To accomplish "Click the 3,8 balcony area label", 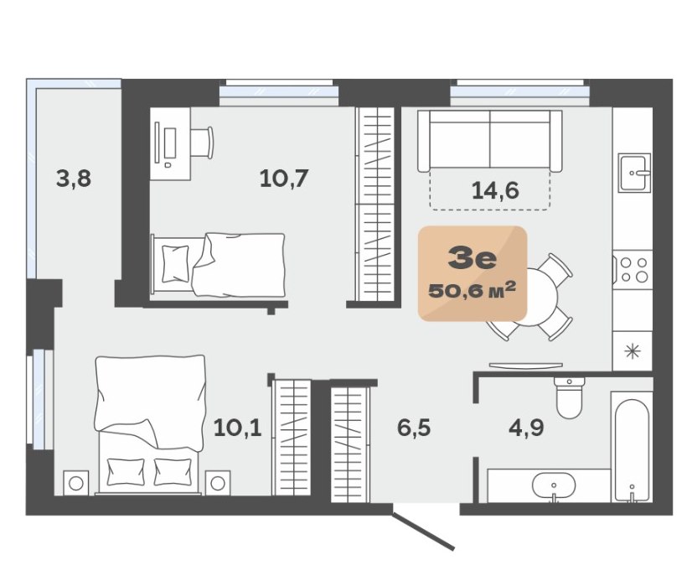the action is [74, 179].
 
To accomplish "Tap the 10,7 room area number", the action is [284, 179].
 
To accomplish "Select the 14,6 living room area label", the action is [495, 190].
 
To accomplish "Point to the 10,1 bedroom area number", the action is [237, 428].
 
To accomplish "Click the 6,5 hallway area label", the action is [414, 428].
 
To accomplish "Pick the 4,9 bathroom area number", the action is [526, 428].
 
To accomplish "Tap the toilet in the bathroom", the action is [570, 397].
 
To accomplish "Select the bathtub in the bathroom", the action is [632, 447].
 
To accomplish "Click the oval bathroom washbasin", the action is [554, 485].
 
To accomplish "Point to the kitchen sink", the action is [635, 173].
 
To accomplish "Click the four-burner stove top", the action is [633, 270].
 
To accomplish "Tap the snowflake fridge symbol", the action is [632, 351].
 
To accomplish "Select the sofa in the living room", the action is [490, 141].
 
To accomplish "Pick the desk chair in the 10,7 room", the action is [202, 143].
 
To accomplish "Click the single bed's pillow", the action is [175, 264].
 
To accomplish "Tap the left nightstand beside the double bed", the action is [76, 483].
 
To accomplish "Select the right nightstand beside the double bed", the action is [218, 483].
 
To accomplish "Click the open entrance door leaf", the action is [423, 532].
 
